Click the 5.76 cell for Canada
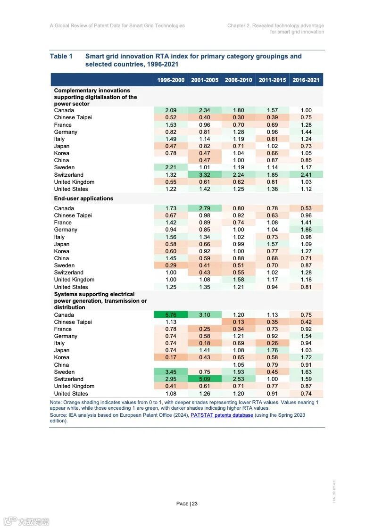171,315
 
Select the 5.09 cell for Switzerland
205,379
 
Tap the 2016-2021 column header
306,80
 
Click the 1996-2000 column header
171,80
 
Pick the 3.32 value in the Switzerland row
205,175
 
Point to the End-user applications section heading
83,198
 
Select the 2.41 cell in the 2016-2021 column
306,175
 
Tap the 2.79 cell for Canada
205,208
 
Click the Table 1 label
61,57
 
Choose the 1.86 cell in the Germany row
306,230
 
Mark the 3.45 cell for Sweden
171,372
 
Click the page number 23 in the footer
194,504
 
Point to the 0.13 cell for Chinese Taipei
239,322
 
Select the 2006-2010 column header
239,80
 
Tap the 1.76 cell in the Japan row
272,350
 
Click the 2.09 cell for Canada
171,110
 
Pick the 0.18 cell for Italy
205,343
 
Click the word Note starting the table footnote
55,402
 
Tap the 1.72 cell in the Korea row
306,358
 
